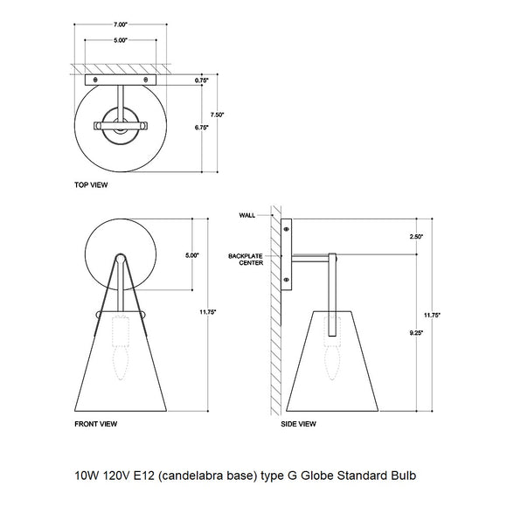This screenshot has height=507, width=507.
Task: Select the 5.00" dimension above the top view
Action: (121, 40)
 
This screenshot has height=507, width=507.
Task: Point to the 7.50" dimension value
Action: (229, 114)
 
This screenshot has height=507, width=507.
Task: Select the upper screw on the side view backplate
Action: (287, 229)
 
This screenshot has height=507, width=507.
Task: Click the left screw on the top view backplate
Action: (95, 80)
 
